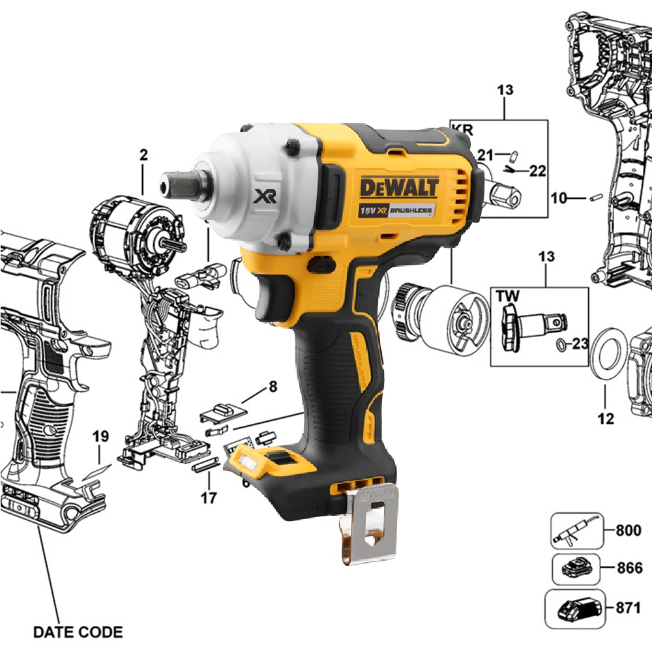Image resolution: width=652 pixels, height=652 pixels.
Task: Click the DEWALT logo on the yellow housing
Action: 399,188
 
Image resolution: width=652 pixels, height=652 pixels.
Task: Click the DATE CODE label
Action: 78,632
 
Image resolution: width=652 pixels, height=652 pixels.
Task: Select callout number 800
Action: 629,531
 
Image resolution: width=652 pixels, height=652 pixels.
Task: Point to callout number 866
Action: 630,568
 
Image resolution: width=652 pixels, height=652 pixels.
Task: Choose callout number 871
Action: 629,608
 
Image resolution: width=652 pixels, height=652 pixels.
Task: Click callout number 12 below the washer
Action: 606,419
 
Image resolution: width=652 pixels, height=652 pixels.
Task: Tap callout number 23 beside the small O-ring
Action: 580,344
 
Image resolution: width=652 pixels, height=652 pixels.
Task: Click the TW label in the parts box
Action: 508,297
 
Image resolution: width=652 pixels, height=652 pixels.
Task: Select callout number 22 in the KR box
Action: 537,170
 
